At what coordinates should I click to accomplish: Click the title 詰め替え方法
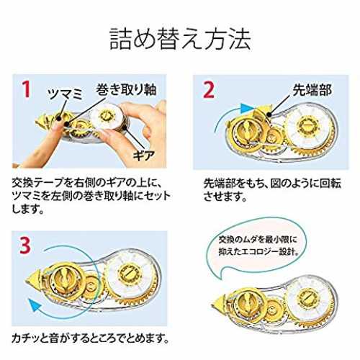coord(180,39)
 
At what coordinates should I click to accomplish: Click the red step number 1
coord(26,89)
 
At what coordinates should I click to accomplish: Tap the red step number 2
coord(209,89)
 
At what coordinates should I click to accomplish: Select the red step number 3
coord(25,246)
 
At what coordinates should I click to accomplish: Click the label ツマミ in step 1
coord(66,94)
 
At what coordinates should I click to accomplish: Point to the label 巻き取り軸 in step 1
coord(126,89)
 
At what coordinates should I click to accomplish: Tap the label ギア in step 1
coord(144,156)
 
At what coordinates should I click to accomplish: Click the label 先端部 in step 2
coord(312,90)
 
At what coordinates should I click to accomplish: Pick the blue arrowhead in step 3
coord(35,305)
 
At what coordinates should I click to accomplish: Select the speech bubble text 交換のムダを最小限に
coord(258,239)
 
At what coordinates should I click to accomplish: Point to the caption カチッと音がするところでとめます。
coord(91,338)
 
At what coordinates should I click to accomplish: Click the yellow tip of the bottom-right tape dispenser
coord(218,305)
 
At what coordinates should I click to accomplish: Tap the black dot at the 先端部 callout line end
coord(269,115)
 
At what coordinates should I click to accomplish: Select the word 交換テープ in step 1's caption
coord(38,183)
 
